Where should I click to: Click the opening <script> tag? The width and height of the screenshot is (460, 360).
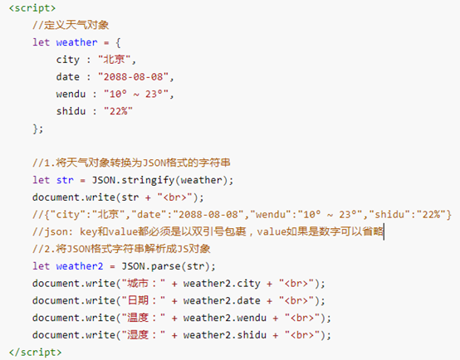click(32, 8)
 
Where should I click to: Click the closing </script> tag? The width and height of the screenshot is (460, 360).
click(35, 352)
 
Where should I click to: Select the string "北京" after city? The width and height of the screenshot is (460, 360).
click(115, 59)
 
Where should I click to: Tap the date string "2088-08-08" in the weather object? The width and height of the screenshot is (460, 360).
click(134, 77)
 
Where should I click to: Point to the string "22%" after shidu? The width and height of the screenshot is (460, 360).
click(118, 111)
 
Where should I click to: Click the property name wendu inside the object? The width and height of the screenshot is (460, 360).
click(71, 94)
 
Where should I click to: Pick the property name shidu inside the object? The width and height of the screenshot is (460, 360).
click(71, 111)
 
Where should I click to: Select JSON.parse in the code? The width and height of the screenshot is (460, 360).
click(151, 266)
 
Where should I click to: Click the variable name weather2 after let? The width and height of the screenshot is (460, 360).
click(80, 266)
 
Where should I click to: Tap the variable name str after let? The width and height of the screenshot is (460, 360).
click(65, 180)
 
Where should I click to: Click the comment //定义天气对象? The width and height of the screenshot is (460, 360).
click(71, 25)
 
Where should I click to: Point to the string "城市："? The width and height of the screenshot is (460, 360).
click(144, 283)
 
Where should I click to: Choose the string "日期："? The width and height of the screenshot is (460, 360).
click(144, 300)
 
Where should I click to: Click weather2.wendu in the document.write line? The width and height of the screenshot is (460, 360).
click(225, 318)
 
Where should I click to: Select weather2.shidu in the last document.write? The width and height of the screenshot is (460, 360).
click(225, 335)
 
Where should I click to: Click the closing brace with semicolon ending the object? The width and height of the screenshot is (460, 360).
click(38, 129)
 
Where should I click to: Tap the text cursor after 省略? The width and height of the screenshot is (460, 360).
click(384, 232)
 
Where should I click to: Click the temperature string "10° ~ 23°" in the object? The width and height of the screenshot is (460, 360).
click(136, 94)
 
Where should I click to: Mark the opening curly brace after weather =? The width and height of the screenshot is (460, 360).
click(118, 42)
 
